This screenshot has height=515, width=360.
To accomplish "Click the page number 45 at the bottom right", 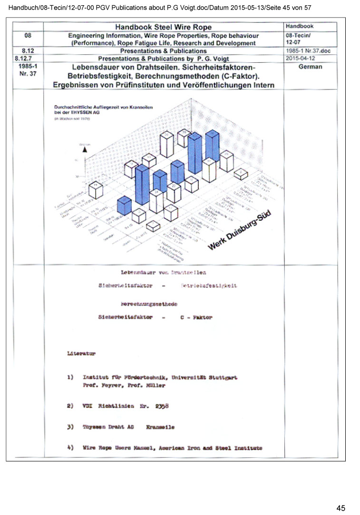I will click(341, 508).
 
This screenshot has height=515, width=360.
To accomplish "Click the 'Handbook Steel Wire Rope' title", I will click(164, 27).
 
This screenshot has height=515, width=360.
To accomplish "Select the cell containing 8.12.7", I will click(27, 58).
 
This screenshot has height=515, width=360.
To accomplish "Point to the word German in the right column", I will click(310, 67).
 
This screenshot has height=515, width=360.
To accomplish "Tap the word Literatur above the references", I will click(81, 354).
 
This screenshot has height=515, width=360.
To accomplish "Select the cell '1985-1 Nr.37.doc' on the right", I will click(304, 50).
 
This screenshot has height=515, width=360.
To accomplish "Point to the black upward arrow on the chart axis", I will click(85, 149).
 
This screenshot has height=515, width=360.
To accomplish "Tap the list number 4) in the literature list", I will click(70, 448).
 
